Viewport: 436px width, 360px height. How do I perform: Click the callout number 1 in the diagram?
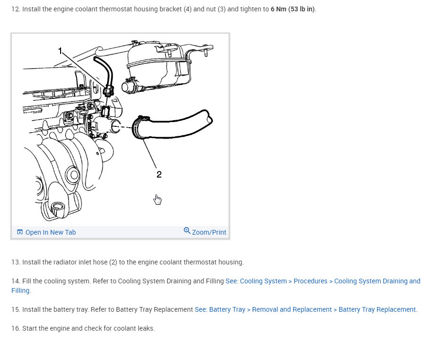tap(60, 50)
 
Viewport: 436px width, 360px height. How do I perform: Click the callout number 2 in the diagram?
tap(159, 175)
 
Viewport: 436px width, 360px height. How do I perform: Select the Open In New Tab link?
tap(50, 232)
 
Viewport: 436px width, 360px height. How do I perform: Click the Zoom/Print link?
tap(209, 232)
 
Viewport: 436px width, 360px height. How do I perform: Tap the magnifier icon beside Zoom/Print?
tap(187, 231)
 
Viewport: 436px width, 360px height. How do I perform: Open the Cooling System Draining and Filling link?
tap(323, 281)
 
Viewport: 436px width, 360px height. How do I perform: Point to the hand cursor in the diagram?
tap(158, 200)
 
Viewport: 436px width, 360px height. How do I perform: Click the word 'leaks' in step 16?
tap(145, 328)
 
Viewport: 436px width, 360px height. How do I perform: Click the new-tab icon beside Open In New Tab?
tap(20, 232)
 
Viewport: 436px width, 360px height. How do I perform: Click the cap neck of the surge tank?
tap(128, 87)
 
